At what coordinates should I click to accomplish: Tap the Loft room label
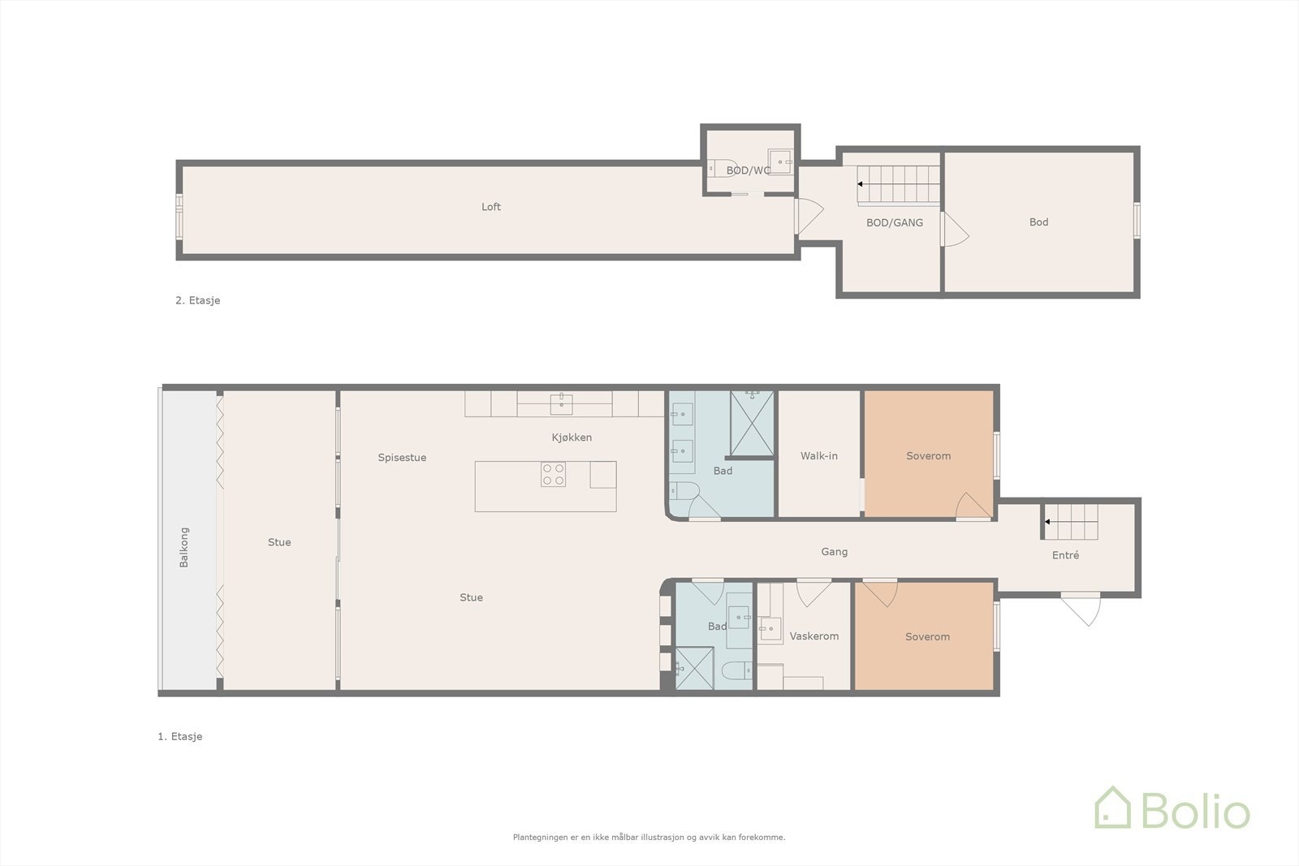pos(491,207)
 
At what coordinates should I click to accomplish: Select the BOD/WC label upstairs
pos(748,170)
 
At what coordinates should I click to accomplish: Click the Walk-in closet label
pos(818,456)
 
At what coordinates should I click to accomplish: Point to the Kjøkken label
pos(572,437)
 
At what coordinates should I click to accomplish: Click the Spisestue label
pos(402,458)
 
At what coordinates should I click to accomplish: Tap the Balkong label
pos(184,547)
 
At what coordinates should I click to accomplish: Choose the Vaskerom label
pos(813,636)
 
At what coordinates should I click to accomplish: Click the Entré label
pos(1065,556)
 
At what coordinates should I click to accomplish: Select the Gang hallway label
pos(834,552)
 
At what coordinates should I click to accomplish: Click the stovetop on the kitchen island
pos(554,474)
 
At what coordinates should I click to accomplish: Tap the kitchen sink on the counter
pos(561,403)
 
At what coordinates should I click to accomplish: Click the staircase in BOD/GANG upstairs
pos(899,184)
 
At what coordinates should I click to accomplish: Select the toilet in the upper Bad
pos(684,490)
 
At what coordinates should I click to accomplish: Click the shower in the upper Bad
pos(753,424)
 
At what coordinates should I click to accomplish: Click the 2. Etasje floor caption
pos(197,300)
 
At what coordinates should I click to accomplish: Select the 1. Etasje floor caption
pos(179,737)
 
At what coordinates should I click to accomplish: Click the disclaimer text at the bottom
pos(649,837)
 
